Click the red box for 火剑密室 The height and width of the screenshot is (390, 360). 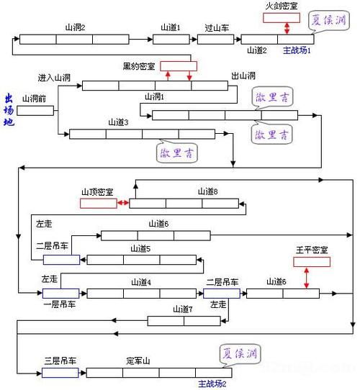[282, 17]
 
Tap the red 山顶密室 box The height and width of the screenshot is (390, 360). [98, 204]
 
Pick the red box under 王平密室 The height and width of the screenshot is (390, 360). [312, 262]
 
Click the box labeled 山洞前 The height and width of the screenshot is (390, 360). [35, 111]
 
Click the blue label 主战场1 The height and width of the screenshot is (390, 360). [297, 51]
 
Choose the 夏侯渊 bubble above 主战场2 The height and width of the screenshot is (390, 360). [240, 355]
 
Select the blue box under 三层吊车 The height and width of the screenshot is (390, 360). [60, 373]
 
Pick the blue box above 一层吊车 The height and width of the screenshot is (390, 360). [61, 294]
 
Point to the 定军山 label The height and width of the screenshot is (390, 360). [140, 360]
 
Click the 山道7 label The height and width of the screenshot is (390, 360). [183, 309]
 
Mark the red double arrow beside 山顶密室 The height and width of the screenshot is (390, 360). [122, 204]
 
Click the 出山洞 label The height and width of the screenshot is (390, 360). [243, 76]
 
